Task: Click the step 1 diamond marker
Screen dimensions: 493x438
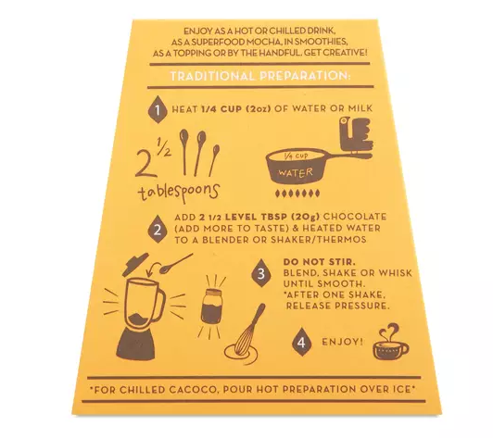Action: [x=158, y=109]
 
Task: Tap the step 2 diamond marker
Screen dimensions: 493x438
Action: [x=158, y=230]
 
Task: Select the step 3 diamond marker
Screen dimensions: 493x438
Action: [x=261, y=274]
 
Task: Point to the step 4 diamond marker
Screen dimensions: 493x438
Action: [x=301, y=342]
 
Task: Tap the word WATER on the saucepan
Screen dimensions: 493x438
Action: [x=296, y=172]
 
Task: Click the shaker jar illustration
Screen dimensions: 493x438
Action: [x=211, y=306]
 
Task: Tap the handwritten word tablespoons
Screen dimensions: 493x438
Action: [x=179, y=193]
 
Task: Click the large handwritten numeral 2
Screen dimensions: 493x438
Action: [x=145, y=162]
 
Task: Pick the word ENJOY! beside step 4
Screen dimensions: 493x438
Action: [x=343, y=342]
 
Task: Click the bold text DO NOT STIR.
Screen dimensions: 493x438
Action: [x=320, y=261]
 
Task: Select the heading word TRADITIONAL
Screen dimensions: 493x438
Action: [x=212, y=76]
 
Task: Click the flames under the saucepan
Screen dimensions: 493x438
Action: [x=297, y=194]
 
